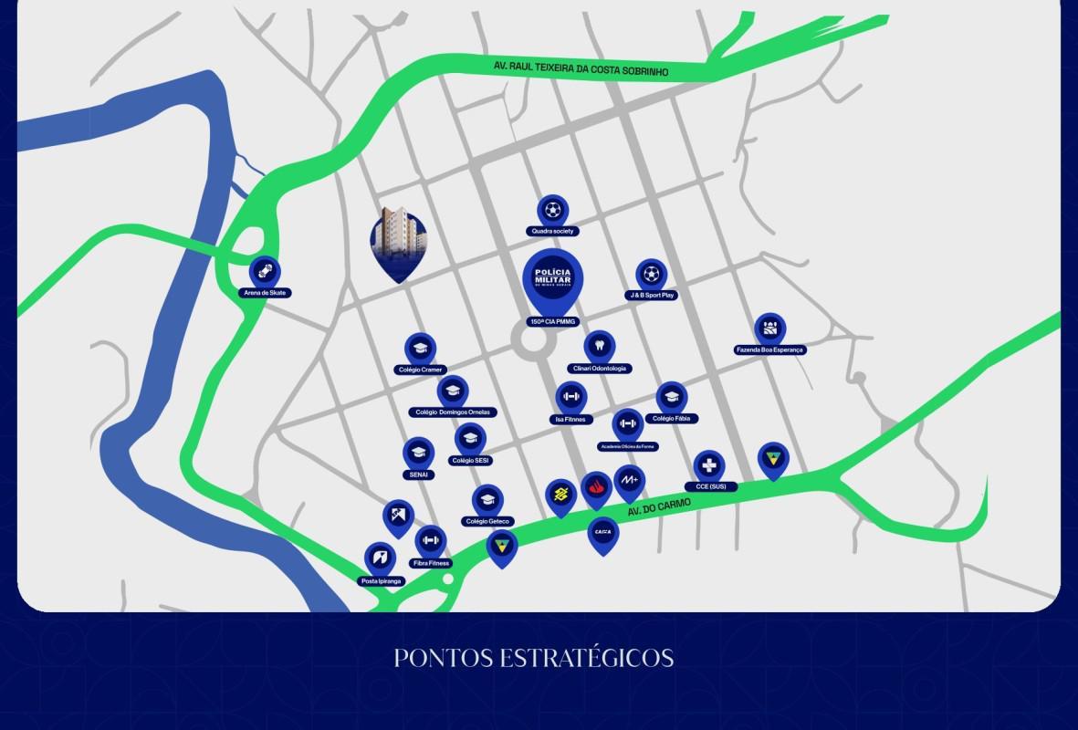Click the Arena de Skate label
266,293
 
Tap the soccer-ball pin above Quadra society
552,211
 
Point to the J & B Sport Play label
651,296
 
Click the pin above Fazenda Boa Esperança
770,328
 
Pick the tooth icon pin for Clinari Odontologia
599,347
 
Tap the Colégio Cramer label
420,370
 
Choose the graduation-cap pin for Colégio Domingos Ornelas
452,391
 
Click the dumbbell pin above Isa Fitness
571,397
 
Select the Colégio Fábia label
672,418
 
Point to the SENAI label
418,474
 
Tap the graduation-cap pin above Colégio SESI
470,439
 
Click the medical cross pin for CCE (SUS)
709,466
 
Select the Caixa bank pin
603,533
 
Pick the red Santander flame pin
596,489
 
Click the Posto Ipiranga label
382,580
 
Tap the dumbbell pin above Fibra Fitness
431,541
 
